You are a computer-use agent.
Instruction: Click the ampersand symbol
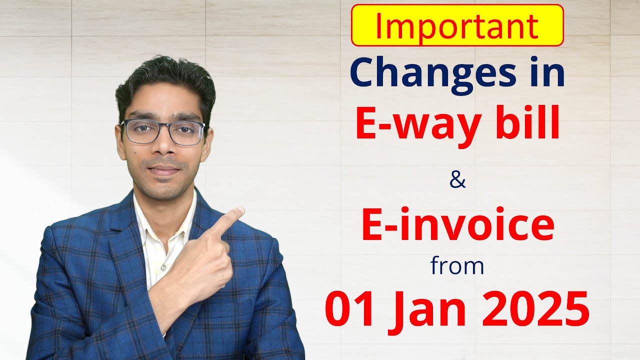point(457,181)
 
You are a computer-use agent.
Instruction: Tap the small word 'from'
point(457,265)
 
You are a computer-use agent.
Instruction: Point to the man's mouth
point(164,170)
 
